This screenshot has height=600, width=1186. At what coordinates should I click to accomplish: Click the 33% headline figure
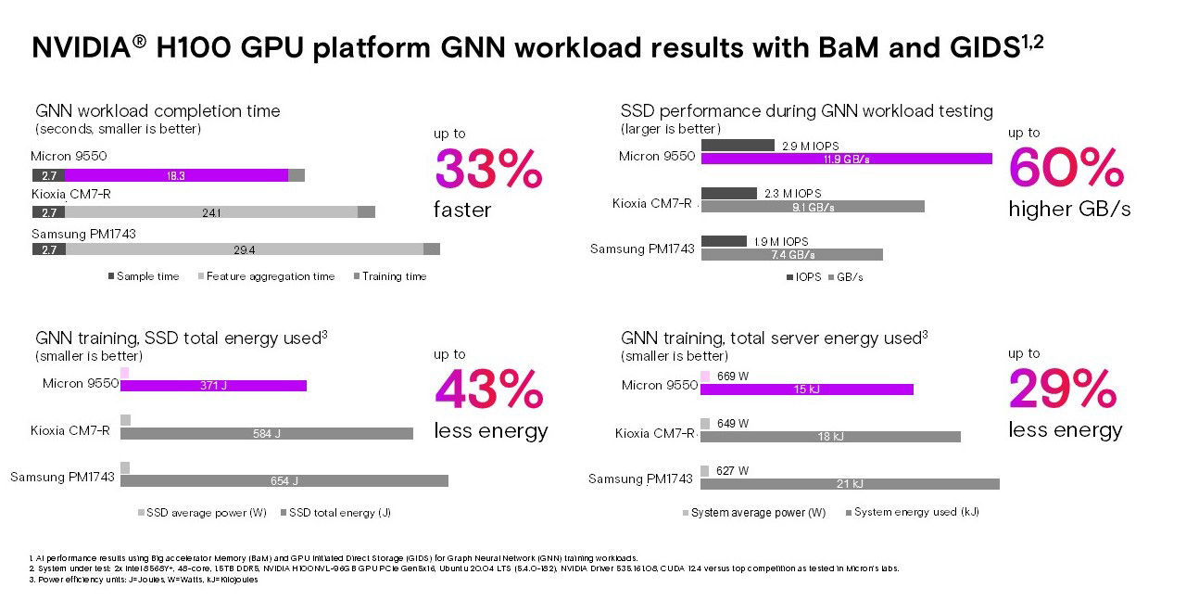tap(488, 170)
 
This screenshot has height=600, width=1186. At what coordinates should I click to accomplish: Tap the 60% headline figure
tap(1066, 168)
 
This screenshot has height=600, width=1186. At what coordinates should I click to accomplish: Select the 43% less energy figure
tap(489, 390)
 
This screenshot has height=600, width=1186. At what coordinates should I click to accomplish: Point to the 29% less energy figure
tap(1062, 389)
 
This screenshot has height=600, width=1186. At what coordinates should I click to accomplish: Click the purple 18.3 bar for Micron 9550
tap(176, 175)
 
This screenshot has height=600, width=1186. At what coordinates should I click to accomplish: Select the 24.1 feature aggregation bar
tap(211, 212)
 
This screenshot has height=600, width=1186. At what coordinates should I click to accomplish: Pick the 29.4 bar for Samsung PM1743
tap(244, 249)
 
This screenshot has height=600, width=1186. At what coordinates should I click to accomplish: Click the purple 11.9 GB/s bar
tap(846, 159)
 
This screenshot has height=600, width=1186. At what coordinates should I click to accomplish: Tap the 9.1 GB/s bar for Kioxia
tap(813, 207)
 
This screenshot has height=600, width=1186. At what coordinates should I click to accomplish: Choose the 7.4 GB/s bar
tap(792, 254)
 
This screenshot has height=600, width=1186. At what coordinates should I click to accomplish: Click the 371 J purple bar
tap(213, 386)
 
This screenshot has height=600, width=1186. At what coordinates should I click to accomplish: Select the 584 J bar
tap(267, 433)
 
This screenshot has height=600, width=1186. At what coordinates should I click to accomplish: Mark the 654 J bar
tap(284, 480)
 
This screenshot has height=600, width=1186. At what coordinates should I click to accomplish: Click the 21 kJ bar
tap(850, 483)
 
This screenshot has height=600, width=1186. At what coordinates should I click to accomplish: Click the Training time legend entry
tap(389, 276)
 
